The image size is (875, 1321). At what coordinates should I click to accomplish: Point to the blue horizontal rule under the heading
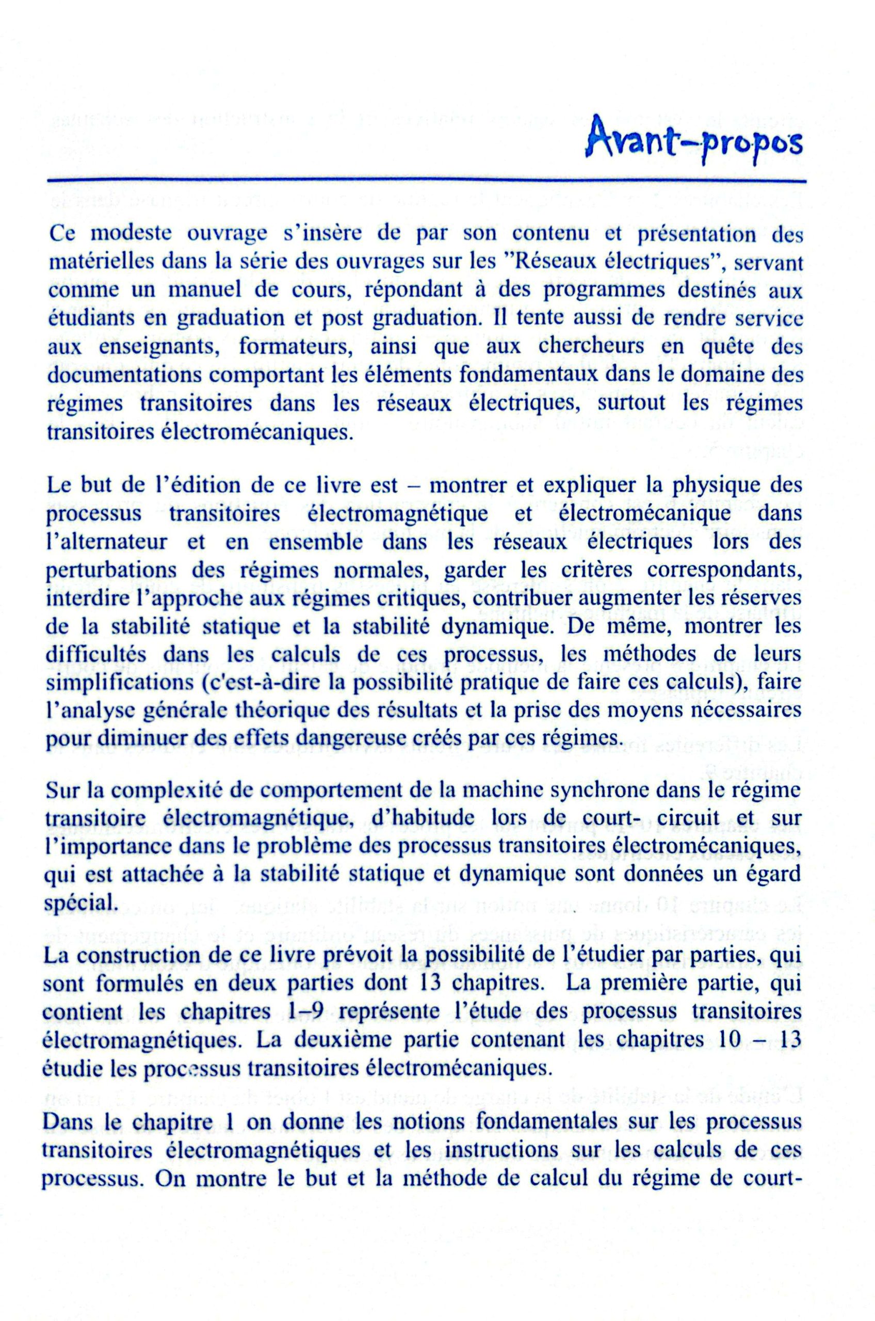pyautogui.click(x=427, y=181)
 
